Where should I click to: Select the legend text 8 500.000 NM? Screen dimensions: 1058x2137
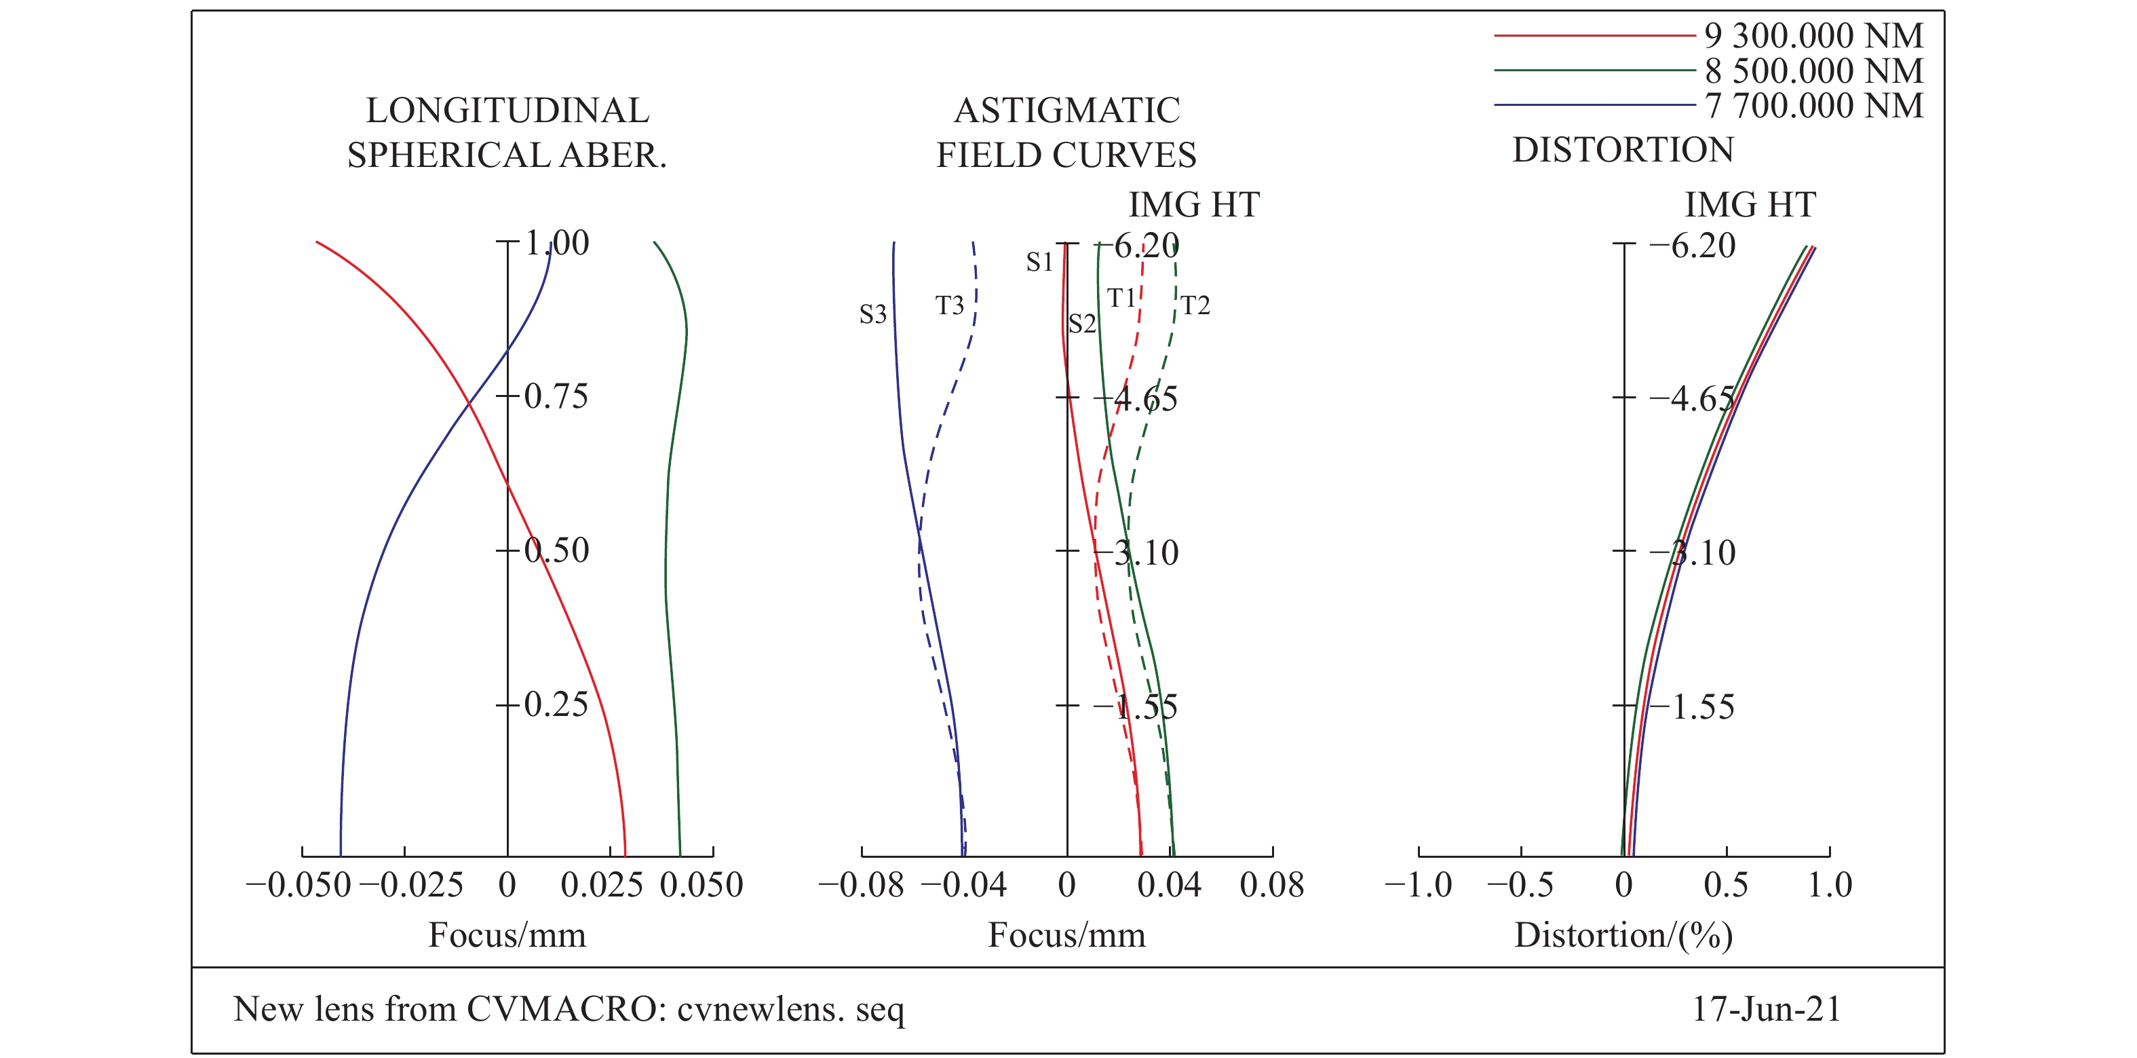[x=1813, y=71]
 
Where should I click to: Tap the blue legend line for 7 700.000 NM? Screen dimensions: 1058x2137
[x=1593, y=105]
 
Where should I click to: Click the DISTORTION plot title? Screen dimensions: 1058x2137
[x=1623, y=150]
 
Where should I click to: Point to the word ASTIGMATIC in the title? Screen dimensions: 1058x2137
[x=1067, y=111]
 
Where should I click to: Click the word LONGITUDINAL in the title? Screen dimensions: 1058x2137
[x=507, y=111]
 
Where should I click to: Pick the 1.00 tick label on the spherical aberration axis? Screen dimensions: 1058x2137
[x=558, y=243]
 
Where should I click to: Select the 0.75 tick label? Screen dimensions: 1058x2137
[x=556, y=396]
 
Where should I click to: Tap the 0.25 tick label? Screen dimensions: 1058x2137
[x=556, y=704]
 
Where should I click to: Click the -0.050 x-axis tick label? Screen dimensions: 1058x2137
[x=299, y=886]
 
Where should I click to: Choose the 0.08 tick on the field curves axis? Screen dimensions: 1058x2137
[x=1272, y=886]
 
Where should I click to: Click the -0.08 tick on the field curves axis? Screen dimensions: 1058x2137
[x=861, y=886]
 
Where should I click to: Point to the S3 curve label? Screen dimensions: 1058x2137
[x=872, y=314]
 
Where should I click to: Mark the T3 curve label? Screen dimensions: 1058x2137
[x=950, y=306]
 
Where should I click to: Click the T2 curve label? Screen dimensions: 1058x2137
[x=1195, y=306]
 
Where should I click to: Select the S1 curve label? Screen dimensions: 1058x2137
[x=1039, y=262]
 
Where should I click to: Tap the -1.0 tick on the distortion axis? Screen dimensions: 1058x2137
[x=1419, y=886]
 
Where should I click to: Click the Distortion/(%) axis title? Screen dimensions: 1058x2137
[x=1623, y=935]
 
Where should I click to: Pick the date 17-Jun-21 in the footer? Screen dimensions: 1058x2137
[x=1766, y=1009]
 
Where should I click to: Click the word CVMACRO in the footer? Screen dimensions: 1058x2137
[x=562, y=1009]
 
